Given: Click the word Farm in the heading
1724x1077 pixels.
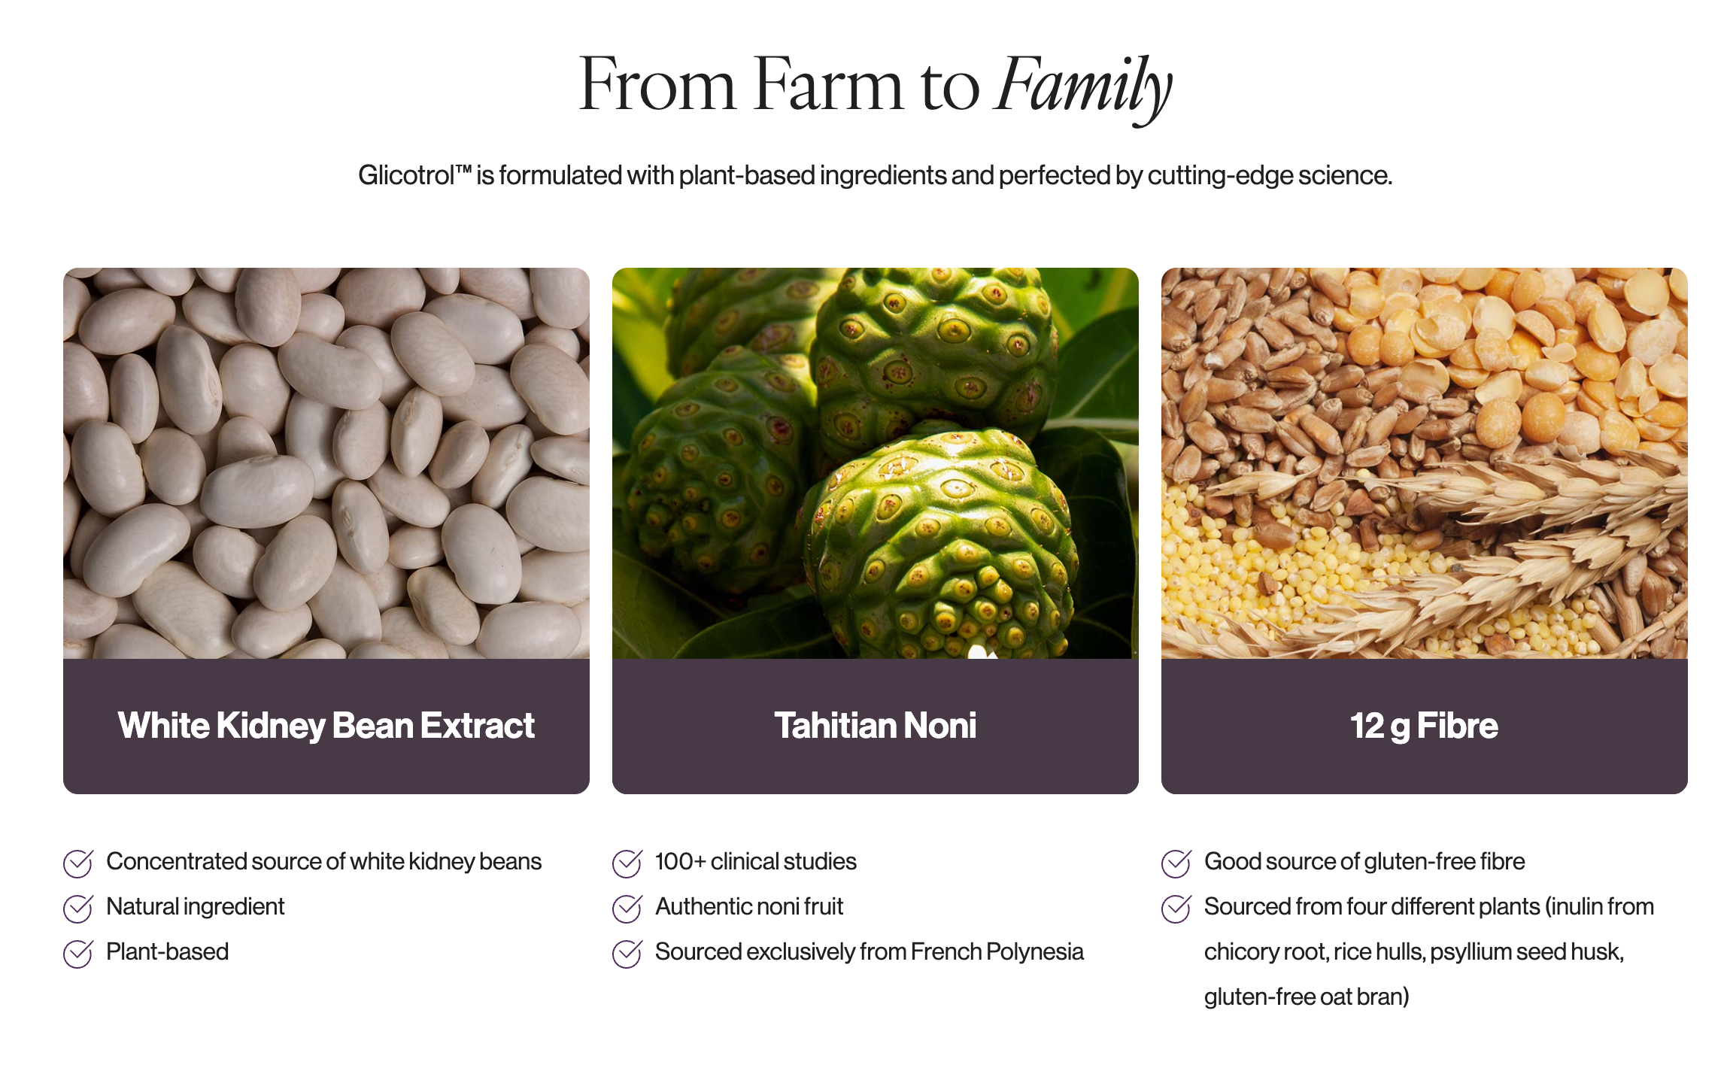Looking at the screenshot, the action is click(828, 84).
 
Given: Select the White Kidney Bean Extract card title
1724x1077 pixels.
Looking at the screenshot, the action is click(326, 726).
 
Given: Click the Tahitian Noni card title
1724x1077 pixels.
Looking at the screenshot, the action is click(875, 726).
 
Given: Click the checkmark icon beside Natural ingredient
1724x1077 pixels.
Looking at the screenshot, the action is click(78, 909).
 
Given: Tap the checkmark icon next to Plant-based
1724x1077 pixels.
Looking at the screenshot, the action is click(78, 954).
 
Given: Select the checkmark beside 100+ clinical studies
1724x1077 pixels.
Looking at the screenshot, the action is click(627, 863).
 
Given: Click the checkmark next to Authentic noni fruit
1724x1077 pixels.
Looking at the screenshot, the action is click(627, 909).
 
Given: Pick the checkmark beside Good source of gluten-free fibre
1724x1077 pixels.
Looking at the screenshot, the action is click(1176, 863).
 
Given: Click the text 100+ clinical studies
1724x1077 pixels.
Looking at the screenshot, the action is click(756, 861).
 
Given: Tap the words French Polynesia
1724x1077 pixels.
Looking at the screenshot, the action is click(997, 952).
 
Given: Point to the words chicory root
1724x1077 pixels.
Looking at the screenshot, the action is click(1265, 952).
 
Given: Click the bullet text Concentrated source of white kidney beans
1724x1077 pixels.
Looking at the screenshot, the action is click(324, 862).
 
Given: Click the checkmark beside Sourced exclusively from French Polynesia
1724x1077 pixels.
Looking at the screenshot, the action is click(627, 954).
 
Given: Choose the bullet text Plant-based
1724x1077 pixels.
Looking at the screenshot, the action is click(168, 951).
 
